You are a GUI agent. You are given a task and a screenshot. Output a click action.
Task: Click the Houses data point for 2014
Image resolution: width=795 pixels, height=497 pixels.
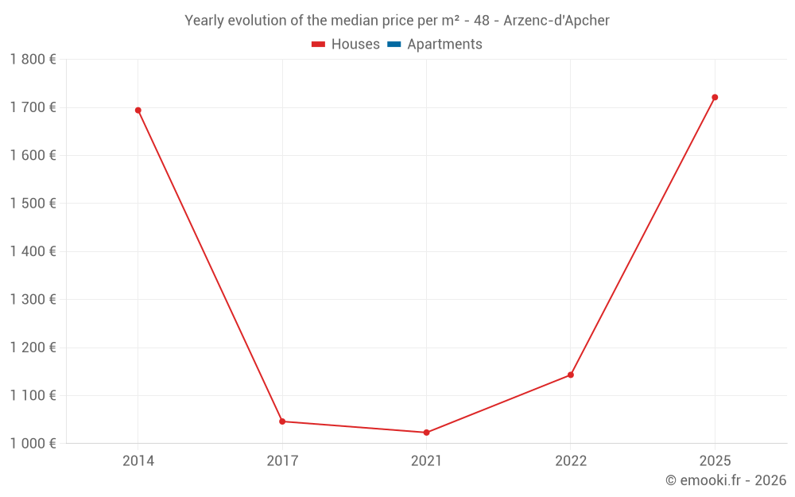(x=138, y=111)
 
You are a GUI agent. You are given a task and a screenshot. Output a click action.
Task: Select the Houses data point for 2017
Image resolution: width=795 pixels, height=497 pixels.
(x=282, y=421)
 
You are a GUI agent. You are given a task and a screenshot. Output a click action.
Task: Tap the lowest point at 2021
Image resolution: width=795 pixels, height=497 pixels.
(x=426, y=433)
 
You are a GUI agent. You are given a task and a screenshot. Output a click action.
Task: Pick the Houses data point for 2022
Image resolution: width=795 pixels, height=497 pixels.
(x=571, y=375)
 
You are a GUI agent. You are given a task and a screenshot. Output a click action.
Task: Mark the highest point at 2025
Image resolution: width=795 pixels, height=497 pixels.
(x=715, y=97)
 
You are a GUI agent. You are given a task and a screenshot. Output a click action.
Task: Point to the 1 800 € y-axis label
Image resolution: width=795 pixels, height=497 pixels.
(x=33, y=60)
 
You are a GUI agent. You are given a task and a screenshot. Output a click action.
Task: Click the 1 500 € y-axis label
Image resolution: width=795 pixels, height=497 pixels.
(x=33, y=204)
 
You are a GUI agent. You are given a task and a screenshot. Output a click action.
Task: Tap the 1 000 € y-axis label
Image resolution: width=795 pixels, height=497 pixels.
(x=33, y=444)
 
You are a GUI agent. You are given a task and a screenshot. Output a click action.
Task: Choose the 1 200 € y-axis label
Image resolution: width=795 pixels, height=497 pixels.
(x=33, y=348)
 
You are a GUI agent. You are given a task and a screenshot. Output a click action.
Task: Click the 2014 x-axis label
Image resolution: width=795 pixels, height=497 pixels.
(x=138, y=461)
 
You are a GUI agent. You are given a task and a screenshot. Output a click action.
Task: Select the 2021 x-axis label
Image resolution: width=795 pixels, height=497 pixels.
(x=426, y=461)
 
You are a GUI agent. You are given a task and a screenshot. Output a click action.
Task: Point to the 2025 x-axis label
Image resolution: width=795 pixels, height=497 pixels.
(x=715, y=461)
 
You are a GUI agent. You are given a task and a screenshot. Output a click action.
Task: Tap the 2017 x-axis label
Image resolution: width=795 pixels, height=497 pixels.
(x=282, y=461)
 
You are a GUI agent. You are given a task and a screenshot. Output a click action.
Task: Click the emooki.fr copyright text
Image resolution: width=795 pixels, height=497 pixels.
(x=726, y=480)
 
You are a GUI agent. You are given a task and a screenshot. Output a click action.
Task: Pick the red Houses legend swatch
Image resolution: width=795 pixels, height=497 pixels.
(x=319, y=45)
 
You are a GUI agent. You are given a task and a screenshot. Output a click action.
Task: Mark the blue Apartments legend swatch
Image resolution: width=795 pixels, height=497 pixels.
(x=394, y=45)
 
